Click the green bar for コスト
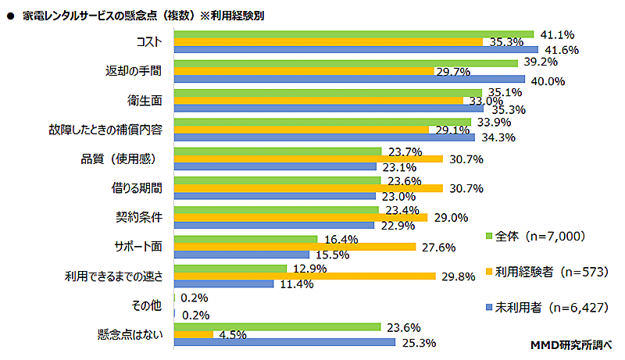point(353,34)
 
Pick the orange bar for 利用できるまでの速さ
point(304,276)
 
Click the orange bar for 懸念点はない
point(193,334)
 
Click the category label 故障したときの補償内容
point(111,129)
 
